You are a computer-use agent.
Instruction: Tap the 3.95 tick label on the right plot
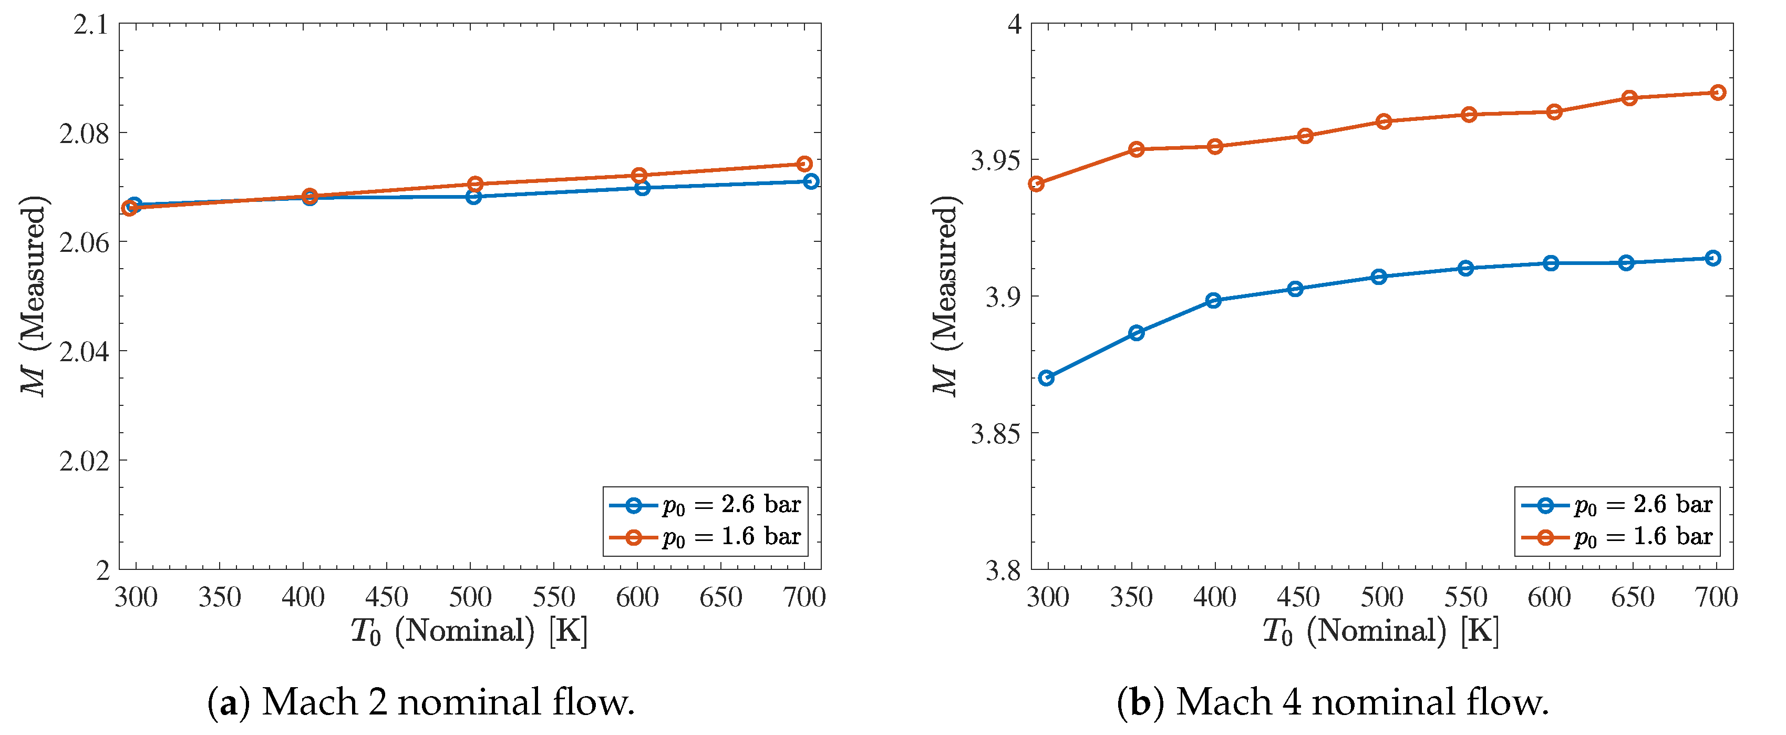996,161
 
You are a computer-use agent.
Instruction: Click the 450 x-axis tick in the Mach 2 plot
386,597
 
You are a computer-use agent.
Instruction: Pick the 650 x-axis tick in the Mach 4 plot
1632,597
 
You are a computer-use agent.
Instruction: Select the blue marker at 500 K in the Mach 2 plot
473,197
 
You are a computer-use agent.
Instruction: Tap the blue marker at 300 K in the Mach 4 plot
1047,378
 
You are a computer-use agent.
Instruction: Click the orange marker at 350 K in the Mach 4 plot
1137,149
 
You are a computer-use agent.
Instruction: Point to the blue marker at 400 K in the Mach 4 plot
1213,300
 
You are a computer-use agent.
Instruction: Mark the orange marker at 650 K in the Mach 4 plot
1629,98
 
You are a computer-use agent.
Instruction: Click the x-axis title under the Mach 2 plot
469,631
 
